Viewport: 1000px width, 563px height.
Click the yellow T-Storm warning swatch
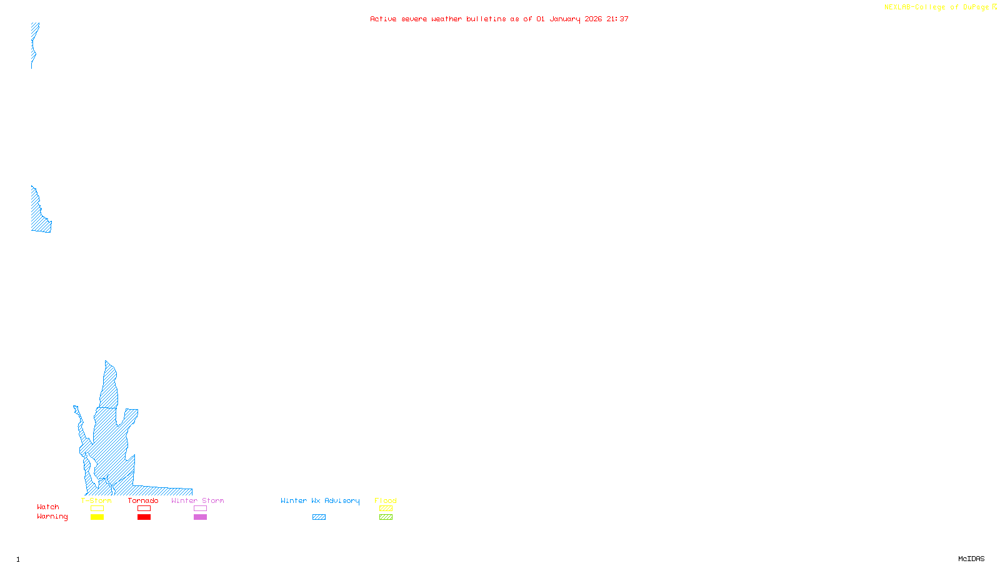point(97,517)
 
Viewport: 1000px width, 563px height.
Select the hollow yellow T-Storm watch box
point(97,509)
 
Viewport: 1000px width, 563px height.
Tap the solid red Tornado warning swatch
point(144,517)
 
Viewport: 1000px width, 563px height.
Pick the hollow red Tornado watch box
point(144,509)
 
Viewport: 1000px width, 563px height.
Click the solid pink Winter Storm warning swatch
point(200,517)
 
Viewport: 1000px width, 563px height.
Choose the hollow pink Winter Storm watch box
point(200,509)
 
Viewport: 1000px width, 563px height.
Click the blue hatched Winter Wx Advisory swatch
point(319,517)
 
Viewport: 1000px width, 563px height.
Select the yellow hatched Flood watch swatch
point(386,509)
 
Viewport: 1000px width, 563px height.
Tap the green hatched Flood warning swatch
point(386,517)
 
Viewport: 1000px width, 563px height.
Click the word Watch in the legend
point(47,507)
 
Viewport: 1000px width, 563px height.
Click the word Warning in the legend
point(52,517)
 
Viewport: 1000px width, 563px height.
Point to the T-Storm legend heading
point(96,500)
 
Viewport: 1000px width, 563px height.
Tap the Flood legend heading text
point(386,500)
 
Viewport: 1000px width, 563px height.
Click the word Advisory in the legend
point(342,500)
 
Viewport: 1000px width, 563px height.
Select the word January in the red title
point(565,19)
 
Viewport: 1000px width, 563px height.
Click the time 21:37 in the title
point(617,19)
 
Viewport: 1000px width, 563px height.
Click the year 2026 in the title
point(593,19)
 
